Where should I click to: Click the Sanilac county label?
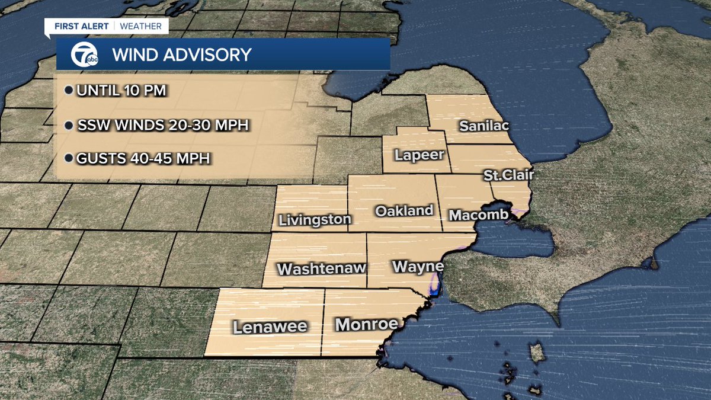(484, 126)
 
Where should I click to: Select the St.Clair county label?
(508, 175)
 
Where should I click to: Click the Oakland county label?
(404, 210)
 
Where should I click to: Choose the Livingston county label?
(315, 220)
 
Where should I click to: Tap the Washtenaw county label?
(322, 268)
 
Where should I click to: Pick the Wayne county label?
(418, 266)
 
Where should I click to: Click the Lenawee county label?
(270, 327)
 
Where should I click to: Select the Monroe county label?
(366, 324)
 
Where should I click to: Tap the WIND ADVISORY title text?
(182, 55)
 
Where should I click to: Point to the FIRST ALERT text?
(83, 26)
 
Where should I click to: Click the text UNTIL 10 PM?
(120, 91)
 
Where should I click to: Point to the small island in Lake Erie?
(537, 354)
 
